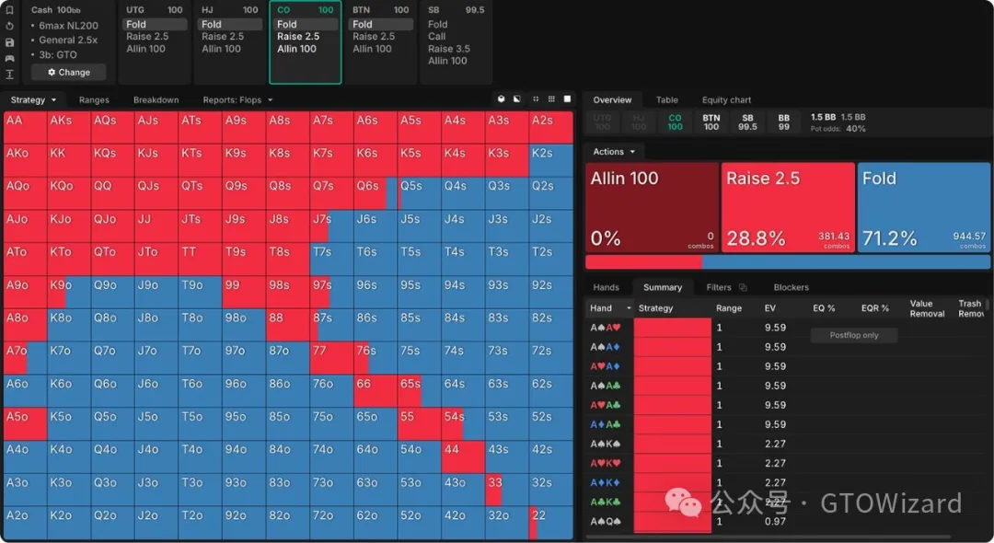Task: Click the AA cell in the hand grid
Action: pyautogui.click(x=25, y=127)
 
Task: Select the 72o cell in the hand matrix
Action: pyautogui.click(x=331, y=523)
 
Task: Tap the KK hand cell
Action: pyautogui.click(x=68, y=160)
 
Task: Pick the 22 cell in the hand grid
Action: pyautogui.click(x=550, y=523)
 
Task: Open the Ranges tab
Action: pyautogui.click(x=94, y=99)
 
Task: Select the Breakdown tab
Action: pyautogui.click(x=156, y=99)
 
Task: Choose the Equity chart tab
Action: pyautogui.click(x=726, y=99)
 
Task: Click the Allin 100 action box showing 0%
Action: pyautogui.click(x=652, y=208)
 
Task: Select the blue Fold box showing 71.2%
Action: pyautogui.click(x=923, y=208)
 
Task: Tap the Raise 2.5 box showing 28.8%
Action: pyautogui.click(x=787, y=208)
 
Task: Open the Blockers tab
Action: pyautogui.click(x=791, y=287)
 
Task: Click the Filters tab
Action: pyautogui.click(x=719, y=287)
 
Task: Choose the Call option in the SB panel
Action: pyautogui.click(x=437, y=37)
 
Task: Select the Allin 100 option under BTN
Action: pyautogui.click(x=372, y=49)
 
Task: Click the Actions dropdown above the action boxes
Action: pyautogui.click(x=613, y=152)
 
